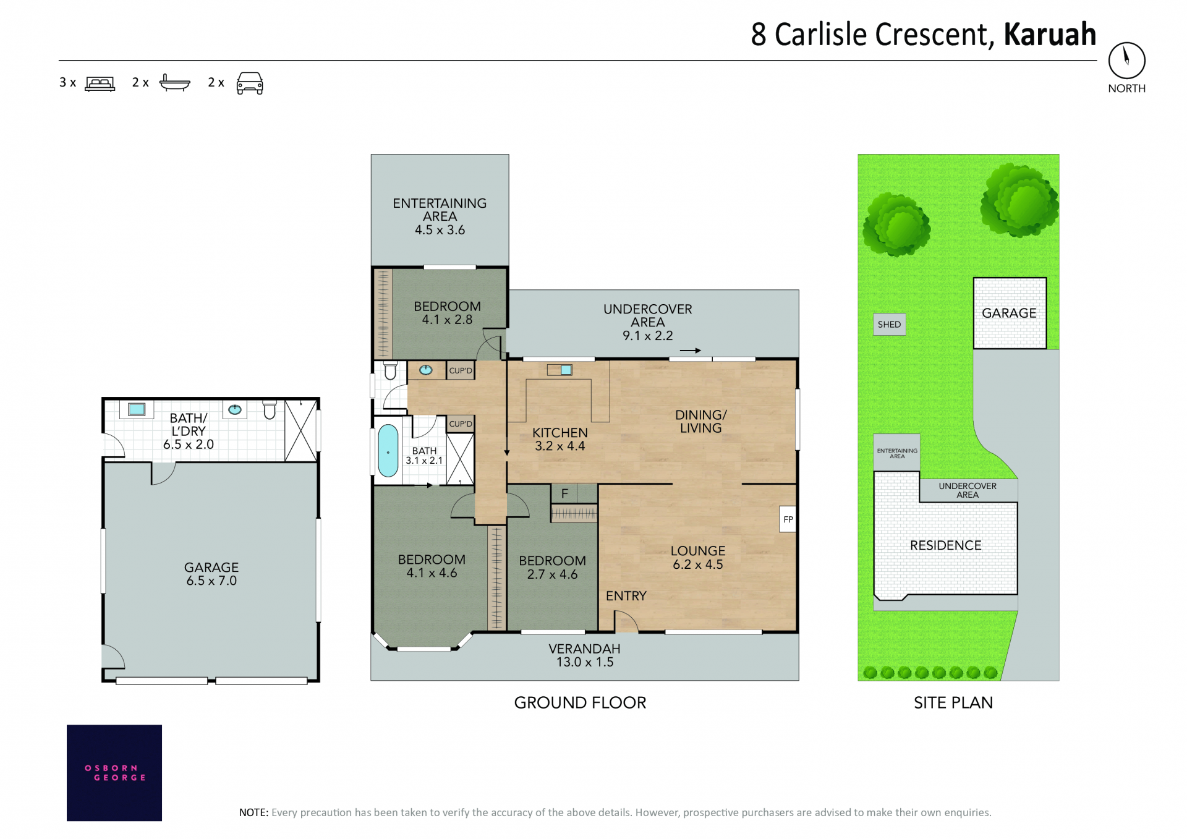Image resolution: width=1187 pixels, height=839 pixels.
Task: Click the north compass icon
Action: pyautogui.click(x=1126, y=61)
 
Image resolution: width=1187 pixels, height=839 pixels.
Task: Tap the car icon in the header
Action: pyautogui.click(x=250, y=83)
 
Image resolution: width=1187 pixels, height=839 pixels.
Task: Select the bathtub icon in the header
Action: pyautogui.click(x=175, y=82)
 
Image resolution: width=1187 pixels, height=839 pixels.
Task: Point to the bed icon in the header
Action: pyautogui.click(x=100, y=83)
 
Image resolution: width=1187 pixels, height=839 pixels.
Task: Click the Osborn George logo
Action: pyautogui.click(x=114, y=773)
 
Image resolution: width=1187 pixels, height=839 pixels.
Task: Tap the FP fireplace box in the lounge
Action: pyautogui.click(x=788, y=519)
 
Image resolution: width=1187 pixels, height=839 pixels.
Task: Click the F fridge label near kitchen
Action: pyautogui.click(x=564, y=493)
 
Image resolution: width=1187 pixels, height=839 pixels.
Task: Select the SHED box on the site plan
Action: pyautogui.click(x=889, y=325)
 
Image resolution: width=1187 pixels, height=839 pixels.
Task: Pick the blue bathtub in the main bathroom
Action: pyautogui.click(x=388, y=451)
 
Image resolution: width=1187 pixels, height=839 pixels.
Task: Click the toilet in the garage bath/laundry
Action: pyautogui.click(x=270, y=409)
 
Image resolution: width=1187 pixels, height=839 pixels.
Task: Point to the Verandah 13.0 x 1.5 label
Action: pyautogui.click(x=584, y=655)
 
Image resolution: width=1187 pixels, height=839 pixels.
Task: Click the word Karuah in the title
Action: pyautogui.click(x=1050, y=35)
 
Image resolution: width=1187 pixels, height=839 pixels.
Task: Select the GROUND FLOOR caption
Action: pyautogui.click(x=580, y=703)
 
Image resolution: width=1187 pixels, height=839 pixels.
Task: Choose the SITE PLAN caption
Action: pyautogui.click(x=953, y=703)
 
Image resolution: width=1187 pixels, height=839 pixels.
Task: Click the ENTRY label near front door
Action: pyautogui.click(x=626, y=596)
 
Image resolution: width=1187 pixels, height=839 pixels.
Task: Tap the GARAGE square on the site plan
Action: pyautogui.click(x=1010, y=313)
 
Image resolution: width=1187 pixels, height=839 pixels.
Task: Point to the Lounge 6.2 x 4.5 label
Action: pyautogui.click(x=698, y=558)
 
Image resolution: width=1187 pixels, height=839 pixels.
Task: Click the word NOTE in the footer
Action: pyautogui.click(x=253, y=812)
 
